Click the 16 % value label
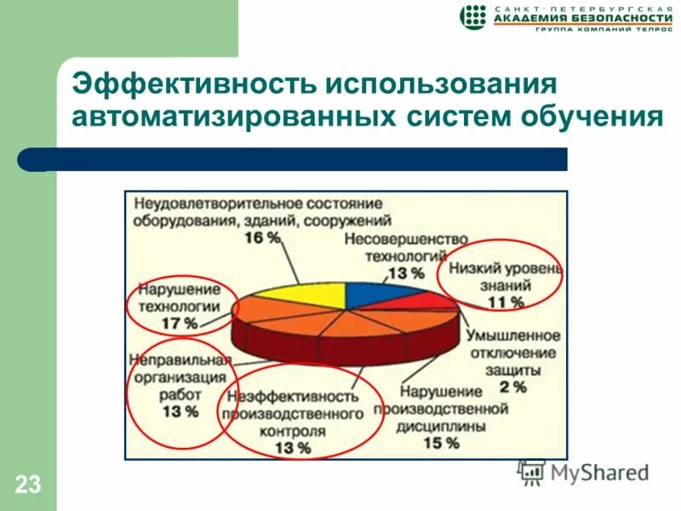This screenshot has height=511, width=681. point(262,238)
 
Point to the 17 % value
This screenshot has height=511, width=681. point(180,324)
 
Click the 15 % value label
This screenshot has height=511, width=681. point(440,443)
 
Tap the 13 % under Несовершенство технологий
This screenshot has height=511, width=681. point(405,273)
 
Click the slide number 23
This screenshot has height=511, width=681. point(27,485)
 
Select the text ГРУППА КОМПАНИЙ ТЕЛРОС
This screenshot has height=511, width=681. point(598,30)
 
